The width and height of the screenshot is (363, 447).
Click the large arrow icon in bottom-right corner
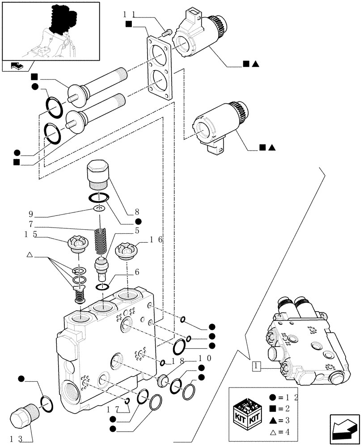click(344, 429)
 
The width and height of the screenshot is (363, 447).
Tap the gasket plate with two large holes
click(158, 68)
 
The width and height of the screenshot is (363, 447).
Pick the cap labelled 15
click(76, 245)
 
